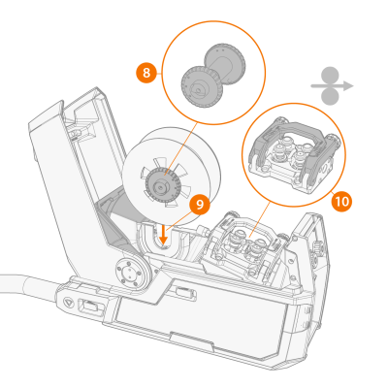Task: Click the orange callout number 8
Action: pyautogui.click(x=146, y=73)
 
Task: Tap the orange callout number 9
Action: pyautogui.click(x=200, y=205)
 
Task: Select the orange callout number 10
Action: pyautogui.click(x=341, y=202)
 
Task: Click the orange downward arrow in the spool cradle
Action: pyautogui.click(x=164, y=235)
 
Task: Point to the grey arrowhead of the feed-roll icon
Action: pyautogui.click(x=348, y=86)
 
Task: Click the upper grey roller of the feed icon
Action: pyautogui.click(x=330, y=76)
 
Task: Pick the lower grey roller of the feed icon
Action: pyautogui.click(x=330, y=97)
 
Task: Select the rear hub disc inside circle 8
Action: pyautogui.click(x=225, y=64)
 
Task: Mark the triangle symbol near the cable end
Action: pyautogui.click(x=68, y=304)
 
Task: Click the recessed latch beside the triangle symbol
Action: pyautogui.click(x=90, y=306)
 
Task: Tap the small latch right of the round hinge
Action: pyautogui.click(x=186, y=293)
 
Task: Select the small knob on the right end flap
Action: pyautogui.click(x=317, y=247)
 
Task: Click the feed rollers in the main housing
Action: pyautogui.click(x=249, y=244)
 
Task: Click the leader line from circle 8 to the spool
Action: pyautogui.click(x=181, y=149)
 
